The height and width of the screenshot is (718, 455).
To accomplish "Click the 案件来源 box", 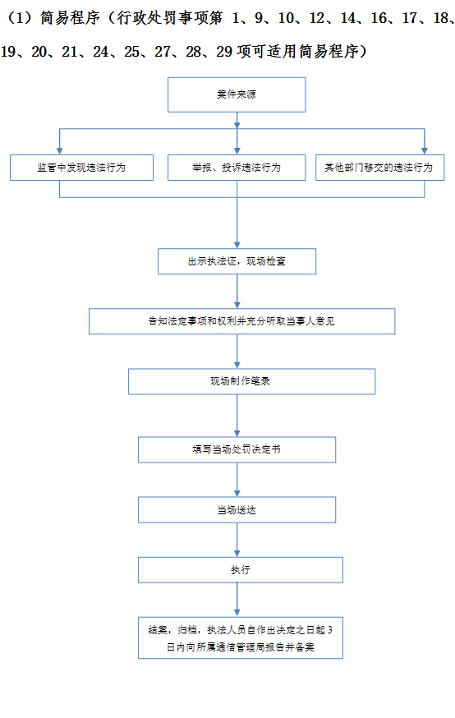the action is coord(237,94).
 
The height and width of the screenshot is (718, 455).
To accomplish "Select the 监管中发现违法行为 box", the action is coord(81,167).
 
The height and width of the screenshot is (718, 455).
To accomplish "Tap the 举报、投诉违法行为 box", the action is coord(237,167).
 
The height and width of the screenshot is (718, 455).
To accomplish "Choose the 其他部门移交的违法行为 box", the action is coord(379,167).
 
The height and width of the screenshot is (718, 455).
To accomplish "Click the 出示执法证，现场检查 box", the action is coord(237,261).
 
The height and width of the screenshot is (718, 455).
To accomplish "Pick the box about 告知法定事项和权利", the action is coord(241,321).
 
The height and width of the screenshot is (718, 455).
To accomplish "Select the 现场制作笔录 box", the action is coord(252,381).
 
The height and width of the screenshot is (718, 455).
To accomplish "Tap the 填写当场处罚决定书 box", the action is coord(237,449).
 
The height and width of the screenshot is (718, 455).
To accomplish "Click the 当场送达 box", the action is coord(237,509).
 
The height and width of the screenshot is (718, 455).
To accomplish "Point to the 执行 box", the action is coord(241,569).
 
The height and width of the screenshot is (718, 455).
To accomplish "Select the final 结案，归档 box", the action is coord(241,637).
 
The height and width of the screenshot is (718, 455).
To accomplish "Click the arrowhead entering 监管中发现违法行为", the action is coord(59,151).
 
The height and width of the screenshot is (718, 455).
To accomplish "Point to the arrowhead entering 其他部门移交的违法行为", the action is coord(425,151).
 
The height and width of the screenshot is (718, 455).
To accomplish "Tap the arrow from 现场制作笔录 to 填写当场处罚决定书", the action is coord(237,416).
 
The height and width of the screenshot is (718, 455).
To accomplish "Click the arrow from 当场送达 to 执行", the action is coord(237,540).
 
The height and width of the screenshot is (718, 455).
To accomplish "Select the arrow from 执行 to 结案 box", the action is coord(237,600).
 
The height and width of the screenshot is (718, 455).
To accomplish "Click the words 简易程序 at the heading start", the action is coord(70,18).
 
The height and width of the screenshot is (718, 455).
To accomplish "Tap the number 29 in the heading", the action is coord(224,52).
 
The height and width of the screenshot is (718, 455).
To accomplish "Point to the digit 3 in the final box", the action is coord(329,630).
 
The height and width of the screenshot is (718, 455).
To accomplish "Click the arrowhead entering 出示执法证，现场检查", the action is coord(237,245).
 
